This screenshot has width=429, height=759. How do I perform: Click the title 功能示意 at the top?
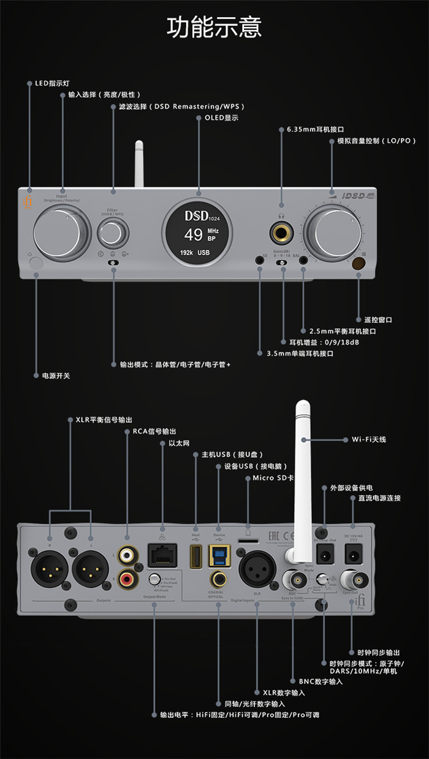point(214,28)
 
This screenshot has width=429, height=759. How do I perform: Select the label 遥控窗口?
point(378,320)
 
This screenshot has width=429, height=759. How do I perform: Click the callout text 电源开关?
point(51,375)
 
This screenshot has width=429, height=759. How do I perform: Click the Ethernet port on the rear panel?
point(162,558)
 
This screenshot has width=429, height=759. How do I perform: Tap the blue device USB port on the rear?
point(219,557)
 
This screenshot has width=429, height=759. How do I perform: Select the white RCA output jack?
point(127,555)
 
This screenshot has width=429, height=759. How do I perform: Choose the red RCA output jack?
point(127,578)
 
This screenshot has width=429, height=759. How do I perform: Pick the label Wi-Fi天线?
point(368,439)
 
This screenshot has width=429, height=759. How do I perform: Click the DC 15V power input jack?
point(353,555)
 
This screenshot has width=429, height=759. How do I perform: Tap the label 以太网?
point(179,442)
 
